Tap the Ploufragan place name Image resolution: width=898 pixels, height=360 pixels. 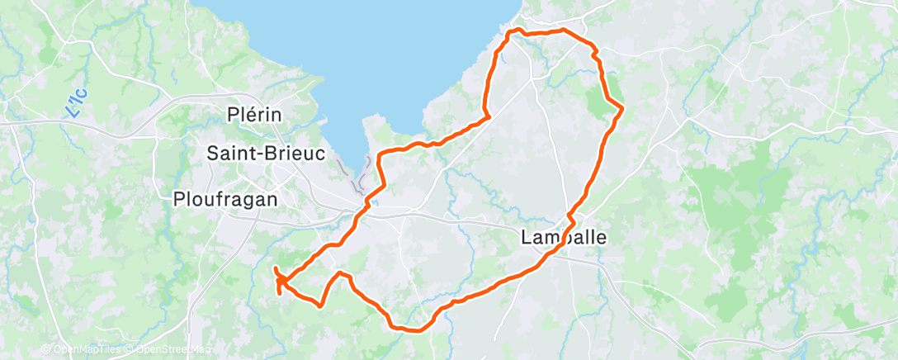225,198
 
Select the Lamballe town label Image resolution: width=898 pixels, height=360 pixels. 564,238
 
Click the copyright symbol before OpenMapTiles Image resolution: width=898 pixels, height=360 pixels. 46,350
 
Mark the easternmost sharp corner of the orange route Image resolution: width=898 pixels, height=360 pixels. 622,107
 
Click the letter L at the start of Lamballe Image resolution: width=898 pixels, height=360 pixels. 527,238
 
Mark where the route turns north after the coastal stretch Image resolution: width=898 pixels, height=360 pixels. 489,116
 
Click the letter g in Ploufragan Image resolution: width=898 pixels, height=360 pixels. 248,201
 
